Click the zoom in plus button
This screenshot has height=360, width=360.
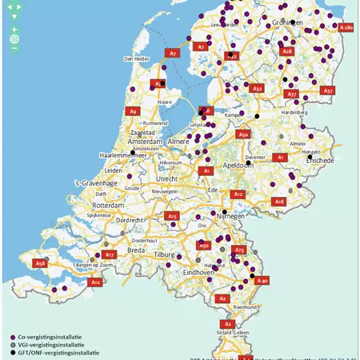point(14,29)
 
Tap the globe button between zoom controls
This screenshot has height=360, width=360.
point(14,38)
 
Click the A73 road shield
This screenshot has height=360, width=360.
point(238,250)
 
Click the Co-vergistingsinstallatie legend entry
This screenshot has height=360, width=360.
point(53,337)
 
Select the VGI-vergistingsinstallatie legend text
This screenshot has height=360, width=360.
point(54,345)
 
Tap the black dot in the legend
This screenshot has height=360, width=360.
point(11,352)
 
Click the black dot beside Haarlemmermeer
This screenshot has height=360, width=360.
point(133,153)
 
